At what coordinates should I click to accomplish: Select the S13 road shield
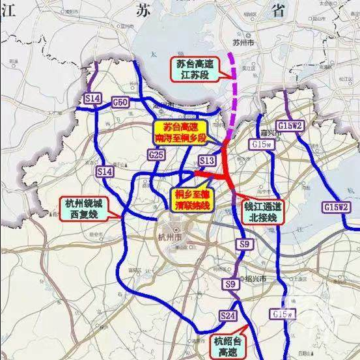click(x=207, y=160)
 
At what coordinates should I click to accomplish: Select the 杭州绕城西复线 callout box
click(x=83, y=206)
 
